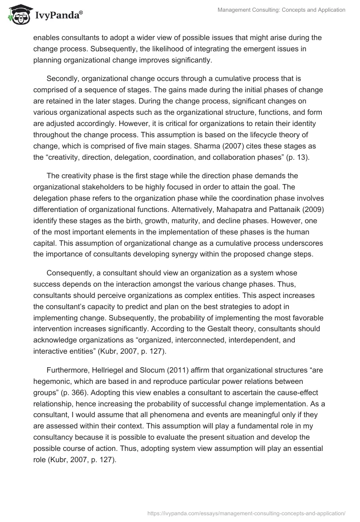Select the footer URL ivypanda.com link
click(247, 512)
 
